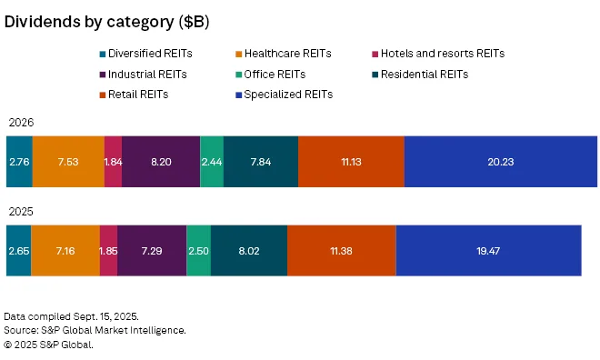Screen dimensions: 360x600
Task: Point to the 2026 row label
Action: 21,122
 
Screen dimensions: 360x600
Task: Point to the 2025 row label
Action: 21,211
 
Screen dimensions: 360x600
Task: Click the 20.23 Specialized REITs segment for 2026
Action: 500,161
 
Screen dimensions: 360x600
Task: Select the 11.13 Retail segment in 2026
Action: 351,161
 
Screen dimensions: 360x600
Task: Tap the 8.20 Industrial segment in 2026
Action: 161,161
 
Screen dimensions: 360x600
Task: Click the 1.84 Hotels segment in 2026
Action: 113,161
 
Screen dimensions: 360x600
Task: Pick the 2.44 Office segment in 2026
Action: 212,161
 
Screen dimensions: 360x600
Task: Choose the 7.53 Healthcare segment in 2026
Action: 68,161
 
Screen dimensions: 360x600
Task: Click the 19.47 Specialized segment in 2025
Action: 488,249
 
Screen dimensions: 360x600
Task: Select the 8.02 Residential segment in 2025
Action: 249,249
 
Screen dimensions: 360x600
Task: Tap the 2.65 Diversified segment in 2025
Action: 19,249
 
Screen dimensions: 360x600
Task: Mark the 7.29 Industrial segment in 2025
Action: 152,249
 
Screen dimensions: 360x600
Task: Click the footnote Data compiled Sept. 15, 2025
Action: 71,315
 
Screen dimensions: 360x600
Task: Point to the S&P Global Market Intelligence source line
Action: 95,330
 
